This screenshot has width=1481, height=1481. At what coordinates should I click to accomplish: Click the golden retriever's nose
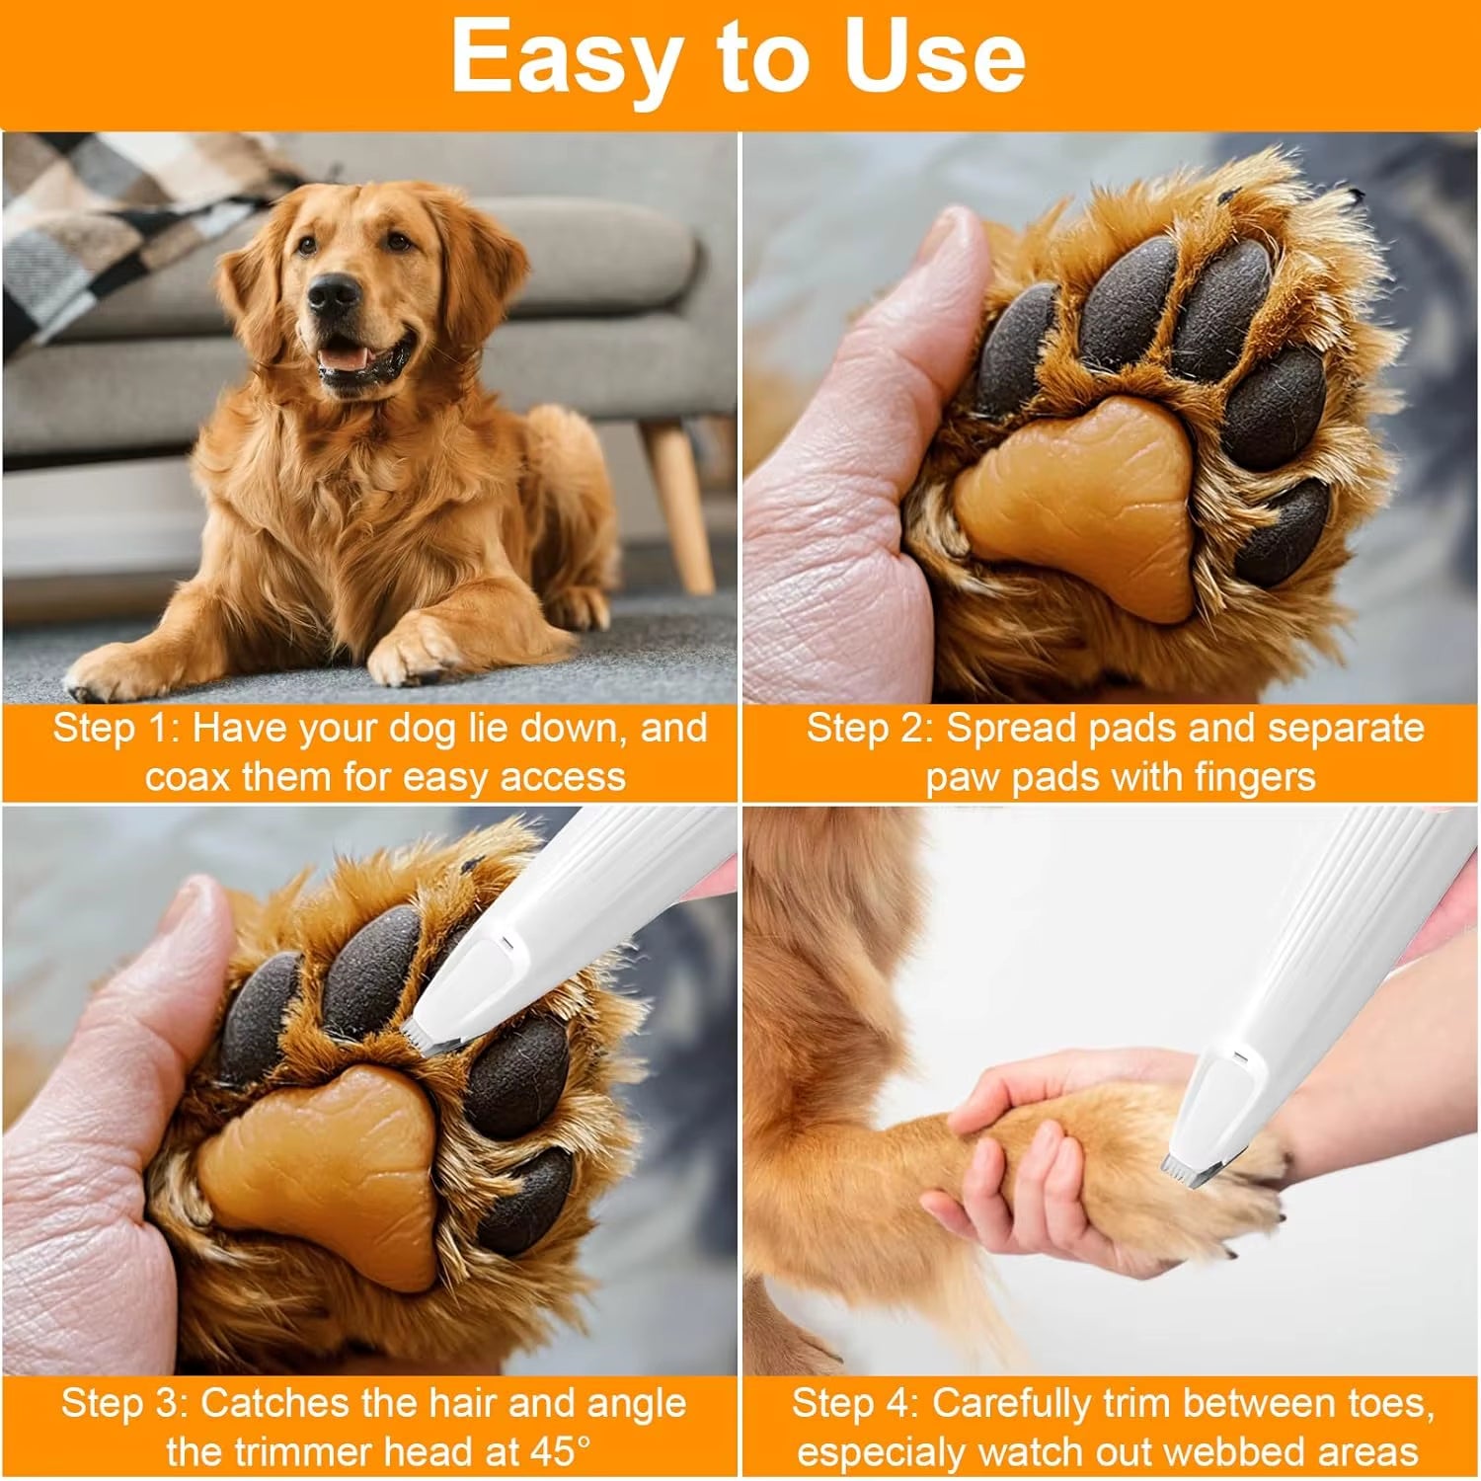[x=333, y=293]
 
